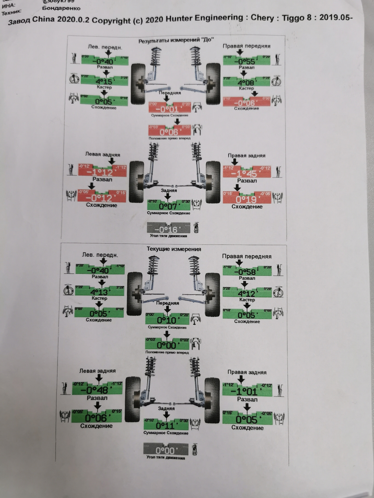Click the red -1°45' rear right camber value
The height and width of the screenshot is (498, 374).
247,174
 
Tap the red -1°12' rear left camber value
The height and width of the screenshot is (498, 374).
102,172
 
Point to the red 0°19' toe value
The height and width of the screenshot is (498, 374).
246,199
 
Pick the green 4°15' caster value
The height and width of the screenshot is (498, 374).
104,82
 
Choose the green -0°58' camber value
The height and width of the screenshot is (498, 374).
247,272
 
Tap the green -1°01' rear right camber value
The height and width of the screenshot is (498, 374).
247,391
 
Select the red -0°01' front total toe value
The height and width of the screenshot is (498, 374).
169,109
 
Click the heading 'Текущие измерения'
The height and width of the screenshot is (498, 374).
174,249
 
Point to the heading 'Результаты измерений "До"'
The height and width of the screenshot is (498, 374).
176,40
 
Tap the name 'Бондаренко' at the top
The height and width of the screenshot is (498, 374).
61,8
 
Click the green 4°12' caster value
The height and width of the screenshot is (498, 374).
247,294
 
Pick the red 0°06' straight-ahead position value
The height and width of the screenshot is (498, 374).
169,132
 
